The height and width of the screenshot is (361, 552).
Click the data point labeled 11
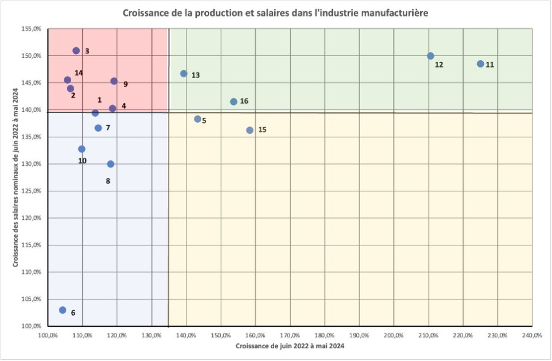tap(480, 64)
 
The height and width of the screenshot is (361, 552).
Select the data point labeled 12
tap(431, 56)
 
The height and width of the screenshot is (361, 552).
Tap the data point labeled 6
tap(63, 310)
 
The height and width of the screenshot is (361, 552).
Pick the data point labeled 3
tap(76, 51)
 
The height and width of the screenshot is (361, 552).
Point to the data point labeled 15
tap(250, 130)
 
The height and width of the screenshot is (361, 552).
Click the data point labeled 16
tap(234, 102)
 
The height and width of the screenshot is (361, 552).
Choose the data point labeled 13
tap(184, 74)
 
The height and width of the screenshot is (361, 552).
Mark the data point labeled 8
tap(110, 164)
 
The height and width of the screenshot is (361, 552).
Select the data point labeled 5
tap(197, 119)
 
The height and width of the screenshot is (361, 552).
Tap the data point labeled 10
tap(82, 149)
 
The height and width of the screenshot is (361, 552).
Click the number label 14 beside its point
tap(79, 73)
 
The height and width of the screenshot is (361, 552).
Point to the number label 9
tap(125, 84)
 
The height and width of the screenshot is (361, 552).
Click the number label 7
tap(107, 128)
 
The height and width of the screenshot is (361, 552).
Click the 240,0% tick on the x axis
tap(532, 335)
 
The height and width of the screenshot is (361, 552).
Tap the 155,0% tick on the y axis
tap(31, 29)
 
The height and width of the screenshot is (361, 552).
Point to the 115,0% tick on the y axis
tap(31, 245)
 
